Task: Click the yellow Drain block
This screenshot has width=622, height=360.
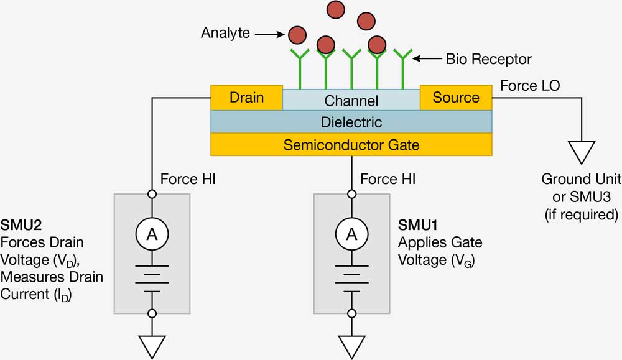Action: tap(246, 98)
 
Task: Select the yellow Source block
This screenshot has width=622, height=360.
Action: tap(456, 98)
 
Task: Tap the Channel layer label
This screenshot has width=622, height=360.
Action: tap(351, 101)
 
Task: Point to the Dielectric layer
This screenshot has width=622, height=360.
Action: tap(351, 122)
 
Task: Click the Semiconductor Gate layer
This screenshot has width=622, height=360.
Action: tap(351, 145)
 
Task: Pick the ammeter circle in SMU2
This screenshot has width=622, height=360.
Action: tap(152, 234)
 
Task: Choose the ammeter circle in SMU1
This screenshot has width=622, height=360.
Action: tap(351, 234)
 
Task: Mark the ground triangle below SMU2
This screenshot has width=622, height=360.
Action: tap(152, 346)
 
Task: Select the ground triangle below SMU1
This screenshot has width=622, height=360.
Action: tap(351, 346)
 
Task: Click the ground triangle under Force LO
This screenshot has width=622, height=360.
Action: tap(582, 152)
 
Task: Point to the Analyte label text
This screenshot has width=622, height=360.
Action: tap(226, 32)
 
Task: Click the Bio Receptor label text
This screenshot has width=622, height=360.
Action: tap(489, 59)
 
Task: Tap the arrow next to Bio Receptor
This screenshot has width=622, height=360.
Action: tap(428, 59)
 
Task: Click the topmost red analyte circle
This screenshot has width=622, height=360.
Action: tap(336, 9)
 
